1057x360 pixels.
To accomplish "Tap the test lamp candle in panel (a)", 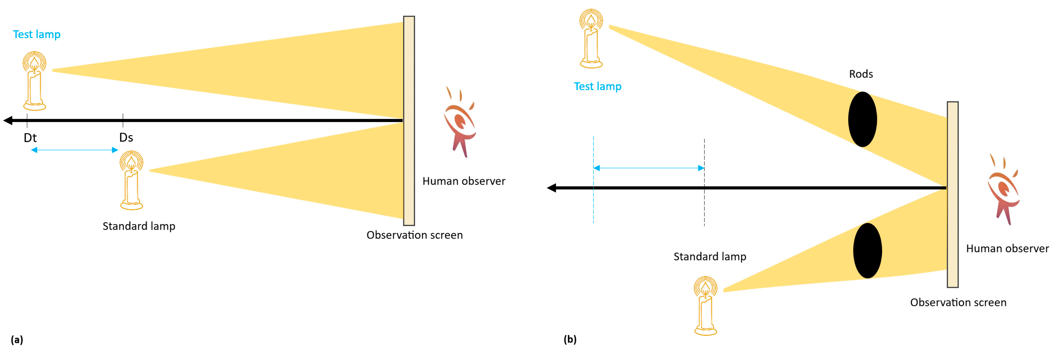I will [34, 81].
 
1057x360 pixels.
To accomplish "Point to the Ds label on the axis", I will [126, 137].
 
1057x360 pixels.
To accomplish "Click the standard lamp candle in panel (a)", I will [131, 180].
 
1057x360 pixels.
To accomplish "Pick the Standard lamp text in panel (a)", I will [139, 226].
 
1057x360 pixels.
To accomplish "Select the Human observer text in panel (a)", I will [464, 181].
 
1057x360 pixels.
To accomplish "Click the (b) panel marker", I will [570, 339].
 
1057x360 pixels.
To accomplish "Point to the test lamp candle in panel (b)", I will [591, 39].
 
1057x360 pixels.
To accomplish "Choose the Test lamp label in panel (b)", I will [597, 86].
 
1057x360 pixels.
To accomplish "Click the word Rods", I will [861, 74].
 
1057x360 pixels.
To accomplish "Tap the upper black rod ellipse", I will [863, 119].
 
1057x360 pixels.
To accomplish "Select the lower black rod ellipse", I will [867, 250].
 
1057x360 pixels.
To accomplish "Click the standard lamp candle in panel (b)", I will [705, 306].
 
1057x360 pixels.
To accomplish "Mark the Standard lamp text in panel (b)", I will [710, 256].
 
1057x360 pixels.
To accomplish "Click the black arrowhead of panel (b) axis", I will [552, 188].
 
